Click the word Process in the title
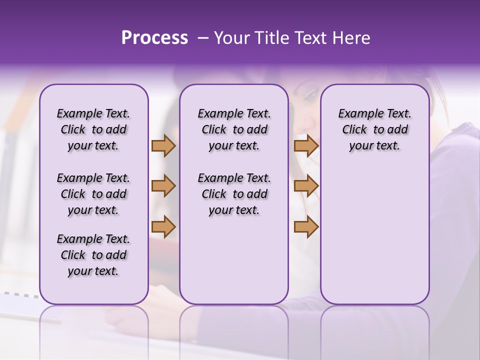tap(154, 38)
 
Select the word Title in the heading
tap(270, 38)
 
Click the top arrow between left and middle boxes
tap(163, 146)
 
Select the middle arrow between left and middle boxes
tap(163, 186)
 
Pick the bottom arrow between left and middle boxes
tap(163, 226)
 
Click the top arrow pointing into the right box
tap(306, 146)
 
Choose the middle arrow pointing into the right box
tap(306, 186)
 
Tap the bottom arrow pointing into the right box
tap(306, 226)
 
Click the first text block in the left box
tap(93, 129)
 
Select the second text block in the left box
tap(93, 194)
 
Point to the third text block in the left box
tap(93, 255)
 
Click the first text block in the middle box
tap(234, 129)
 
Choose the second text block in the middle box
tap(234, 194)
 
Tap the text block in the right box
tap(374, 129)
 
